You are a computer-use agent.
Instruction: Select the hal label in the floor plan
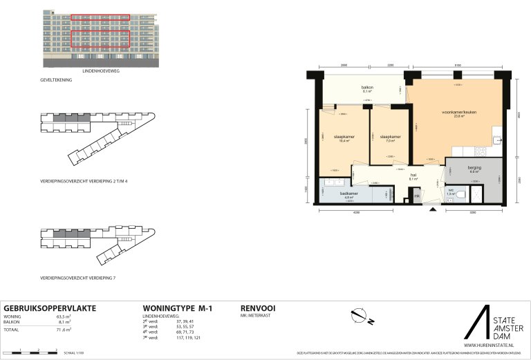(413, 176)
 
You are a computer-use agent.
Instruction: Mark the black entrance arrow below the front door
(434, 209)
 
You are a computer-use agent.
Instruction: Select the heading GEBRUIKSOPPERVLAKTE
(50, 307)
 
